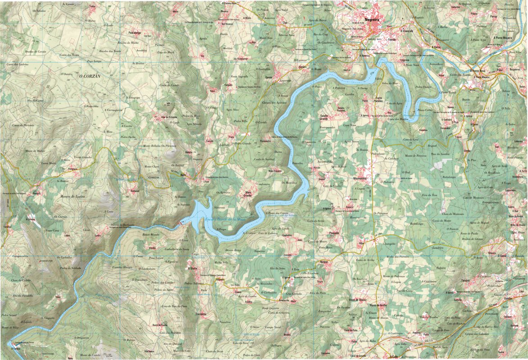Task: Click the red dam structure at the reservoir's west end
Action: (x=182, y=222)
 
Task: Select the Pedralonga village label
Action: (x=135, y=33)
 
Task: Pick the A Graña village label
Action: (x=192, y=268)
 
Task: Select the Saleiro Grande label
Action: (x=327, y=117)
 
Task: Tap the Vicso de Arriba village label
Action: (x=378, y=305)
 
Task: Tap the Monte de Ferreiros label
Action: (x=416, y=156)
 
